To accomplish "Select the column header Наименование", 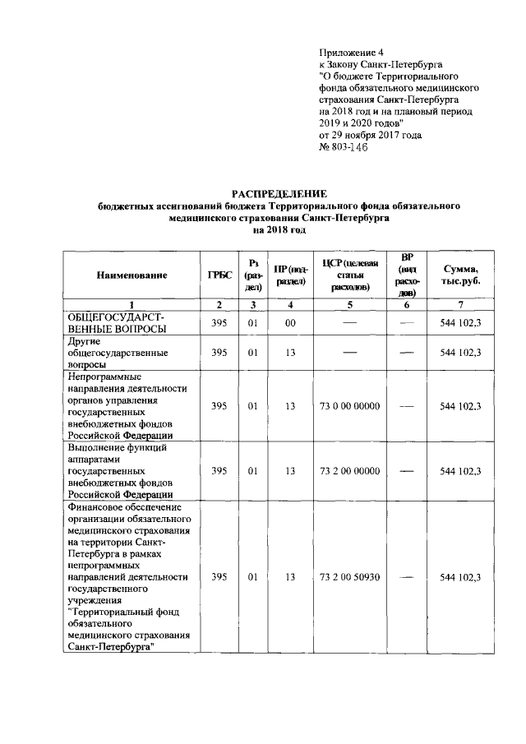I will click(x=131, y=275).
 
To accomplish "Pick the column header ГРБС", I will click(x=219, y=275).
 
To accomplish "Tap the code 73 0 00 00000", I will click(x=351, y=405).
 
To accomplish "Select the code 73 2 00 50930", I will click(x=351, y=577).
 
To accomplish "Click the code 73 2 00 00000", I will click(x=351, y=470).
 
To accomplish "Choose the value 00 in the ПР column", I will click(x=289, y=323).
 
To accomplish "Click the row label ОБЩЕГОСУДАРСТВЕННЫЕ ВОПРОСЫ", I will click(x=116, y=323).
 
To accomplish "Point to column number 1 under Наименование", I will click(x=131, y=306).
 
